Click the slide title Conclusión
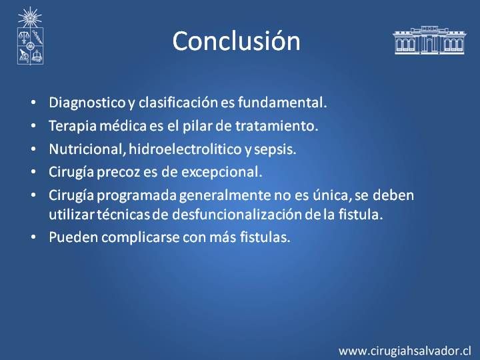coord(236,41)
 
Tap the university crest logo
coord(30,36)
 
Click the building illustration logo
coord(429,40)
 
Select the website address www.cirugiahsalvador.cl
coord(405,351)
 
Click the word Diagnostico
coord(87,103)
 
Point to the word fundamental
coord(282,102)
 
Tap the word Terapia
coord(73,126)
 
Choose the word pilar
coord(197,126)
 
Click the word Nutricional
coord(87,149)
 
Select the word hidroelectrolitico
coord(185,149)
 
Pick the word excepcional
coord(222,172)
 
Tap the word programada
coord(137,195)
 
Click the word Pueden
coord(73,237)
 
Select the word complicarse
coord(141,237)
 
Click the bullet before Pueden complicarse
coord(33,237)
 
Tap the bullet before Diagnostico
coord(33,102)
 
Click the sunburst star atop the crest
coord(30,17)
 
